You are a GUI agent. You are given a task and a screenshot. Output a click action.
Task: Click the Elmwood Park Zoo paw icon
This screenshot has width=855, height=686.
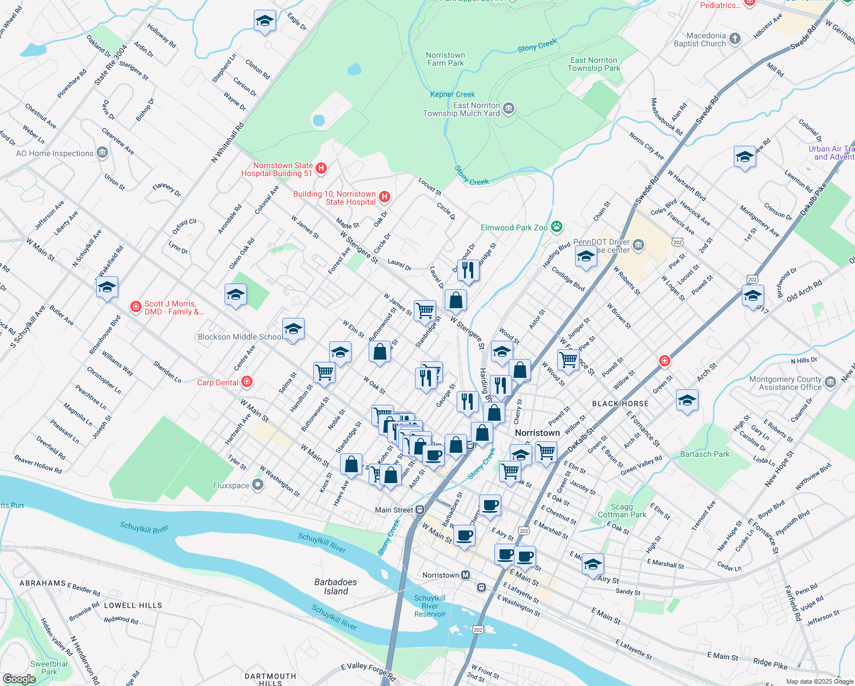tap(557, 228)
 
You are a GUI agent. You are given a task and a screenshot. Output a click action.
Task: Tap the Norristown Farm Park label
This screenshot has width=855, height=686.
tap(445, 59)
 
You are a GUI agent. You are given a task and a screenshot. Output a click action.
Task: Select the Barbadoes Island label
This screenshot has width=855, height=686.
tap(335, 587)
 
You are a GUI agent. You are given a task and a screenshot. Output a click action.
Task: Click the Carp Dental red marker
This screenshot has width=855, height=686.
tap(247, 381)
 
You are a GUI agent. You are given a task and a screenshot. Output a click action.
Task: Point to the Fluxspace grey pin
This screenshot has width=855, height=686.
tap(258, 485)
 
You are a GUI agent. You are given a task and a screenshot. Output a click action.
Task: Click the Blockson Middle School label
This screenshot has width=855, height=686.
tap(239, 337)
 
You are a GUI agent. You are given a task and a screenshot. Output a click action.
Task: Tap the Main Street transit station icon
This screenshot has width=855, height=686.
tap(420, 510)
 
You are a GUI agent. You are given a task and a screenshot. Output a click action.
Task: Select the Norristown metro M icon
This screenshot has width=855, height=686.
tap(466, 575)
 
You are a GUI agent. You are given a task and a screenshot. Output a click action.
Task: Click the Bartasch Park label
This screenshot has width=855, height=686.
tap(705, 454)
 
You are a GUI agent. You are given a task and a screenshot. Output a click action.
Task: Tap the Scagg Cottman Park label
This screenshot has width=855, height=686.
tap(622, 510)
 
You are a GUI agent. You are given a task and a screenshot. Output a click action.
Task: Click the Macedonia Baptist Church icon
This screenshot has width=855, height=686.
tap(735, 39)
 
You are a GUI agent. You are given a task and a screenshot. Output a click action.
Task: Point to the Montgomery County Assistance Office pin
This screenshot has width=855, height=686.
tap(830, 382)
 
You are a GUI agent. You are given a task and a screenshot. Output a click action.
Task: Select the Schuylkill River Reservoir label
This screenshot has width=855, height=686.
tap(430, 606)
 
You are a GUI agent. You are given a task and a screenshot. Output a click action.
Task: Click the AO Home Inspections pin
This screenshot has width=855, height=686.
tap(102, 153)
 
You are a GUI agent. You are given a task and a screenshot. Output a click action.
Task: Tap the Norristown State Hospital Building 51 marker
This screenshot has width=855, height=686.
tap(321, 168)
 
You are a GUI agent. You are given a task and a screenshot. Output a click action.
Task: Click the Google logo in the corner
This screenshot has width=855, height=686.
tap(19, 679)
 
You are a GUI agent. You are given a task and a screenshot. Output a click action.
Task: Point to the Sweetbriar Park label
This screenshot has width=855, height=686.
tap(49, 668)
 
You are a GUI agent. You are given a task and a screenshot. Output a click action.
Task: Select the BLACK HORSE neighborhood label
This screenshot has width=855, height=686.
tap(620, 404)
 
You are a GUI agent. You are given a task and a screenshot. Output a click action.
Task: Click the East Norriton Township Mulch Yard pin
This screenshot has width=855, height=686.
tap(509, 109)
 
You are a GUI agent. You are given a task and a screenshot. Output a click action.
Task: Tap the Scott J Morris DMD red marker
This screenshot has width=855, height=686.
tap(135, 307)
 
